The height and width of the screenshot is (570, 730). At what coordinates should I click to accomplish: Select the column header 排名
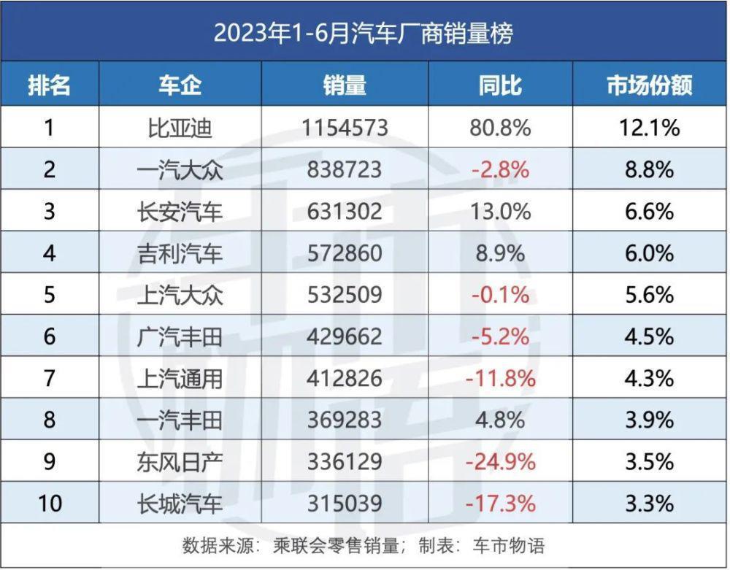coord(50,85)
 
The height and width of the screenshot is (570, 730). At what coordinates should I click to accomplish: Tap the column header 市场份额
coord(648,85)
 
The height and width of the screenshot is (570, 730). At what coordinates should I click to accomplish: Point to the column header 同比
coord(500,85)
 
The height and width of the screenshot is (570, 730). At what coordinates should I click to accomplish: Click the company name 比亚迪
coord(180,128)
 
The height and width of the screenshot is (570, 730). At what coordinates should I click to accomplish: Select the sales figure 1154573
coord(345,128)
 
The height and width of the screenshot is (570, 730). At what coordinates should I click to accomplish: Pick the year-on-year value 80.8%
coord(500,128)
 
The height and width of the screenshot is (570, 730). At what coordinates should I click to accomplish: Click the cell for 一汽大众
coord(180,170)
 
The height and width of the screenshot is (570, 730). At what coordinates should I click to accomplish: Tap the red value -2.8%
coord(500,170)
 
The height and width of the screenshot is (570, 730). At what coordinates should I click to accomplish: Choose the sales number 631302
coord(345,212)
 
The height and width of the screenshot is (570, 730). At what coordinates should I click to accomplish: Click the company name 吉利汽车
coord(180,253)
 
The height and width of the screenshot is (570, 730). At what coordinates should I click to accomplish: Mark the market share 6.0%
coord(648,253)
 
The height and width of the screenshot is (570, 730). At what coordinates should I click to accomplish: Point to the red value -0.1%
coord(500,295)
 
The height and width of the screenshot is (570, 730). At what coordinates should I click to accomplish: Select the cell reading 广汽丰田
coord(180,336)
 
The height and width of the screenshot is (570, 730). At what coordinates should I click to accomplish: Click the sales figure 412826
coord(345,379)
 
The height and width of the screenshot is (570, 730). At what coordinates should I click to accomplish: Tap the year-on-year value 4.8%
coord(500,420)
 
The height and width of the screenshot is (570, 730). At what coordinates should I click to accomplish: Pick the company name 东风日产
coord(180,462)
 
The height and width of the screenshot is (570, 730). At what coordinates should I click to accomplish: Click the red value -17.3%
coord(500,504)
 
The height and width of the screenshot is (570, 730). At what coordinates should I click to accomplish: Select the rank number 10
coord(50,504)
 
